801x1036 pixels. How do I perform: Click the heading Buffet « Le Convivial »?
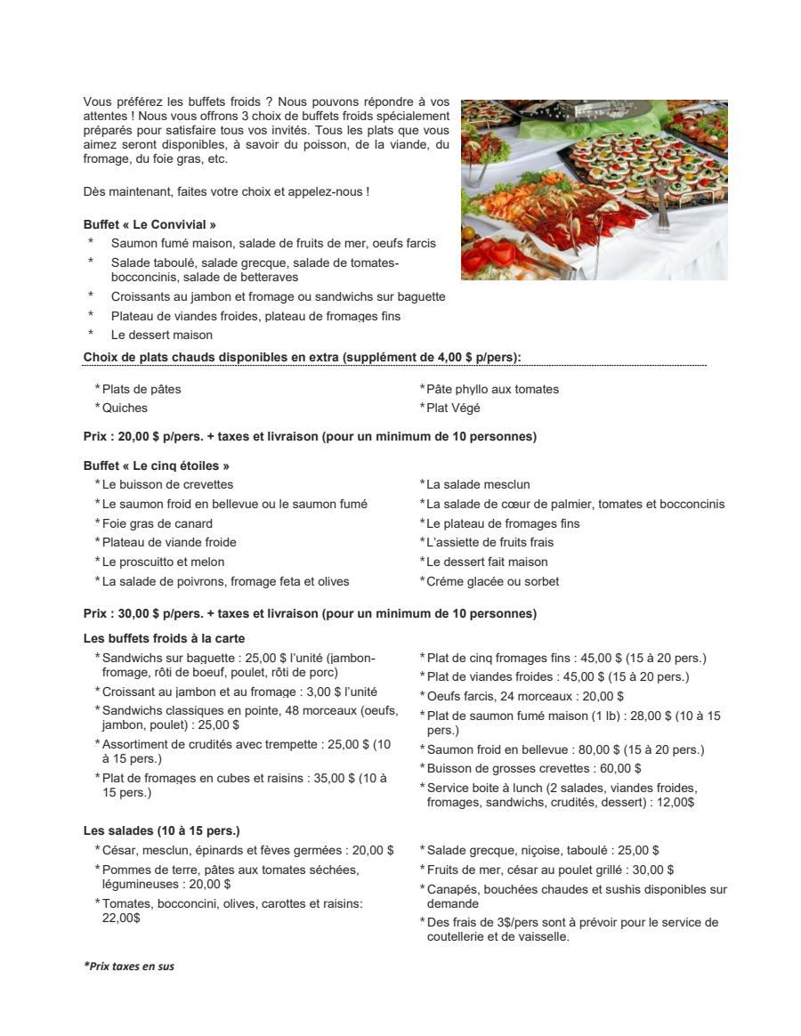tap(150, 224)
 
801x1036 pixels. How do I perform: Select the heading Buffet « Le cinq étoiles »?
tap(157, 465)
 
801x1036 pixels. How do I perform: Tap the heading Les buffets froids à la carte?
tap(164, 638)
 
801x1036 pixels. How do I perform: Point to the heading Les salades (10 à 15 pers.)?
tap(161, 831)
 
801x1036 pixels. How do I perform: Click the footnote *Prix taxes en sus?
tap(129, 966)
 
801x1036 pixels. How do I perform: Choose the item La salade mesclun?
tap(478, 484)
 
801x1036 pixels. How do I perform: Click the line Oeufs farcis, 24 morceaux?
tap(525, 696)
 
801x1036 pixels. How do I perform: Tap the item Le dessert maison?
tap(162, 335)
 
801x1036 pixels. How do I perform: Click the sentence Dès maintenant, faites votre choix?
tap(226, 191)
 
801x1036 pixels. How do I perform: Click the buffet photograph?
tap(594, 190)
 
